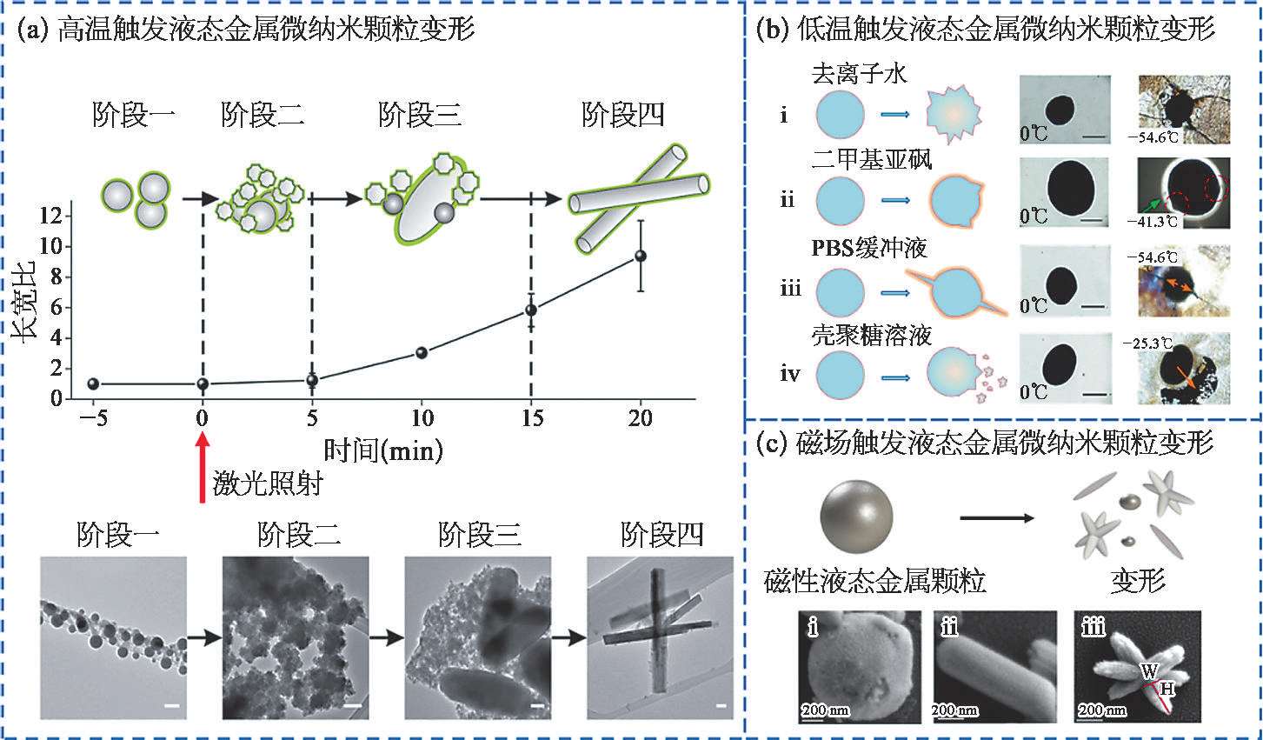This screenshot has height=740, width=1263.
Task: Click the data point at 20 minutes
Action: click(641, 256)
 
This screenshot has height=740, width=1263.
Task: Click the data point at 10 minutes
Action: click(422, 352)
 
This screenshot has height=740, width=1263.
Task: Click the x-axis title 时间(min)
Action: click(383, 450)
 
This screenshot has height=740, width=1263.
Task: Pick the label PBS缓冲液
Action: click(869, 247)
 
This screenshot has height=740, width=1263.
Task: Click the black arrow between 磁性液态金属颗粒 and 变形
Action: click(998, 519)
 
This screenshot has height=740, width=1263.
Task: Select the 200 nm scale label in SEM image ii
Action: click(954, 710)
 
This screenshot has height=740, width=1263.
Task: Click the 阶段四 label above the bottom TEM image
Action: click(662, 535)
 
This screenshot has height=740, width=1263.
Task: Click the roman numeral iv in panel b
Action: click(790, 375)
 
